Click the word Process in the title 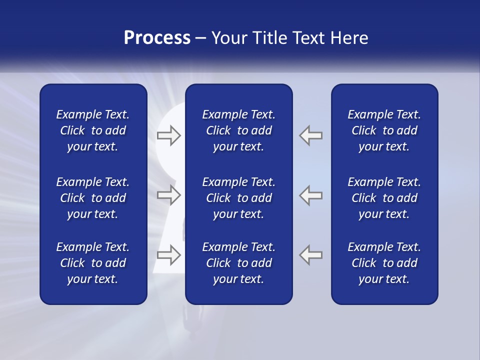(157, 38)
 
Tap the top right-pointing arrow (168, 135)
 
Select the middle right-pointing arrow (168, 195)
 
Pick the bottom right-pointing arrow (168, 255)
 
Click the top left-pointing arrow (311, 135)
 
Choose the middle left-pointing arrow (311, 195)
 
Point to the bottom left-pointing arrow (311, 255)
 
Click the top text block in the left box (93, 130)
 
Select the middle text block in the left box (93, 198)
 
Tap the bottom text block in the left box (93, 263)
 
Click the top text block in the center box (239, 130)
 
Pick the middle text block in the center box (239, 198)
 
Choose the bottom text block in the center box (239, 263)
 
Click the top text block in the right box (384, 130)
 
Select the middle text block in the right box (384, 198)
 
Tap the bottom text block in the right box (384, 263)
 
